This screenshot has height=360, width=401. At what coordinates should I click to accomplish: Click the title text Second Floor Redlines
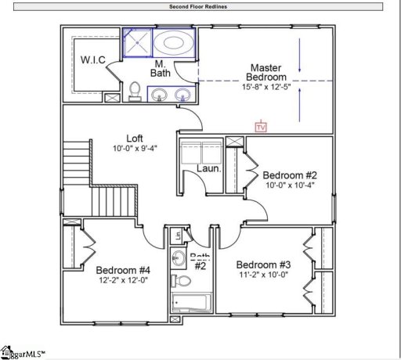200,6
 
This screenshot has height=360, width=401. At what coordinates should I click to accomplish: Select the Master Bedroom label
266,72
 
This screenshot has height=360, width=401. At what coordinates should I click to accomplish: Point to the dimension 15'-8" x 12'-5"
266,88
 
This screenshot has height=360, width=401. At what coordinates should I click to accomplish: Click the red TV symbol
261,125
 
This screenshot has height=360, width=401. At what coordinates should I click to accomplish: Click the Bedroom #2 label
289,175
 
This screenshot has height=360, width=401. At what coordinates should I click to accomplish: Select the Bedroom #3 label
263,264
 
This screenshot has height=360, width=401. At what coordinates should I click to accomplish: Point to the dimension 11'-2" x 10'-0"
263,275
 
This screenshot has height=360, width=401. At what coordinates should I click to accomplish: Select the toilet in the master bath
135,91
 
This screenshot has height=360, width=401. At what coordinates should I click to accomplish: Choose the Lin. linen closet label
179,235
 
